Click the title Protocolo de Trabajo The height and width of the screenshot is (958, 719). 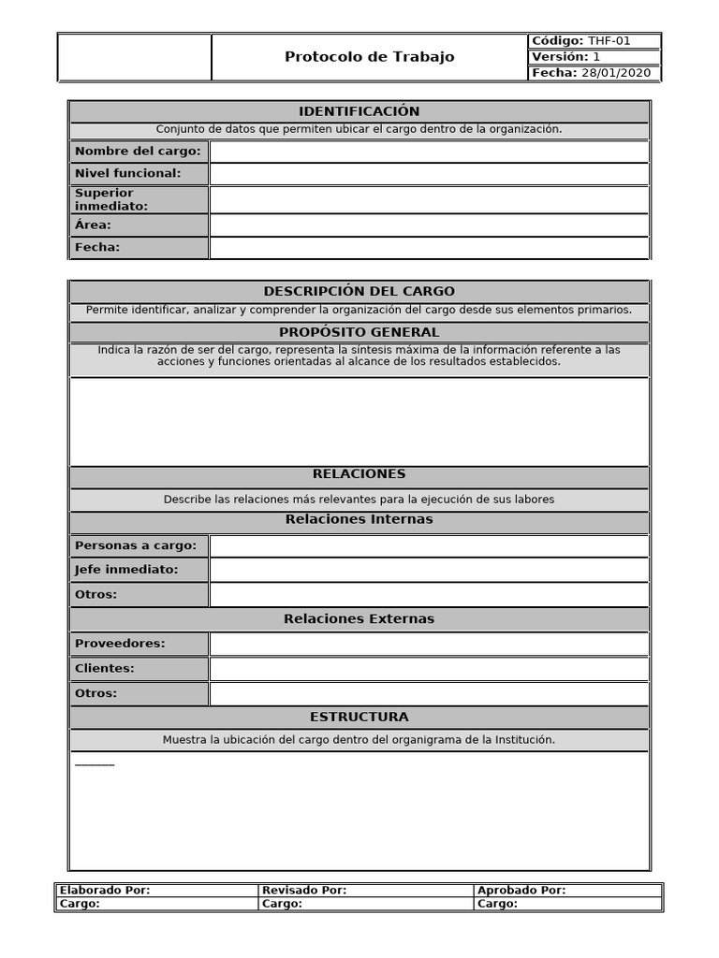[369, 57]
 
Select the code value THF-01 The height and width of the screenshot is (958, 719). [609, 41]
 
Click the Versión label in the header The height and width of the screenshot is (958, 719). [560, 57]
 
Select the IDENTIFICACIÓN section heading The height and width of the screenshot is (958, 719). [359, 111]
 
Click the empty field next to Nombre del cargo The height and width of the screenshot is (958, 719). [429, 152]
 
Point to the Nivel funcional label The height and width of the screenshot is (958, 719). [128, 173]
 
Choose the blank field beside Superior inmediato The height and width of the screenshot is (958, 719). [429, 199]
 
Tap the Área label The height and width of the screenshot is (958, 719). [93, 225]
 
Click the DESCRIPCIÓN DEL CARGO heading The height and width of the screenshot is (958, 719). [359, 291]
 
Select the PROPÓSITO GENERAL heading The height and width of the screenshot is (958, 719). [359, 332]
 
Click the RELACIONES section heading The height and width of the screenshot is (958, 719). [359, 474]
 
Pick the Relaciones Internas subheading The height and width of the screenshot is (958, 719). [359, 519]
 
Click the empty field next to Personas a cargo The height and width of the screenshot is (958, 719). [429, 546]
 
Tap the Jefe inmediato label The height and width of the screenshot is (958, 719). [126, 570]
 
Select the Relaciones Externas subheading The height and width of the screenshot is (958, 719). [359, 619]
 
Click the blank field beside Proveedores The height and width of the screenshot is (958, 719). [429, 644]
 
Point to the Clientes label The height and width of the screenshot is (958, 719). [105, 669]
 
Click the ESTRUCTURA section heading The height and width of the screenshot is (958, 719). [359, 717]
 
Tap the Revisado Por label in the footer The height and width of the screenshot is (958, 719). [304, 891]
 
